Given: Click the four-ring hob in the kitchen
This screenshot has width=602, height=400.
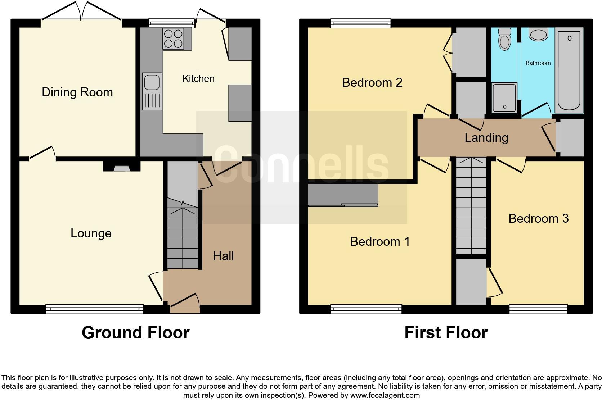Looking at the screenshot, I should (x=172, y=38).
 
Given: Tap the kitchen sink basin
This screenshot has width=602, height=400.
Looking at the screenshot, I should (x=152, y=82).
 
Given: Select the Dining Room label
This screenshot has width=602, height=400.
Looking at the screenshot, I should (x=77, y=92).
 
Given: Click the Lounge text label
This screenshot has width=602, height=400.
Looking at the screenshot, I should (x=91, y=233).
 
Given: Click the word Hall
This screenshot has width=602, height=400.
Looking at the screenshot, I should (x=223, y=256).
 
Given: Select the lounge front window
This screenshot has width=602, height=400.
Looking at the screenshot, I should (x=94, y=309).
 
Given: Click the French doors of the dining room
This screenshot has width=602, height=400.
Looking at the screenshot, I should (x=81, y=13).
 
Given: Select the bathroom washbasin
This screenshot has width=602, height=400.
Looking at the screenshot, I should (x=538, y=35).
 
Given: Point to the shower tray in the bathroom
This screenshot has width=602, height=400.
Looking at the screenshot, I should (x=504, y=97).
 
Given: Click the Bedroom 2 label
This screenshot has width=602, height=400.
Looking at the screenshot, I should (x=372, y=83).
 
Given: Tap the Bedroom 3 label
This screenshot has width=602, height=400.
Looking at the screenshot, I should (x=538, y=219).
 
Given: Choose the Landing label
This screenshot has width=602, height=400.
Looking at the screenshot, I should (x=486, y=138).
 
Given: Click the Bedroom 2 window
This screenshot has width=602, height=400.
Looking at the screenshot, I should (x=360, y=24).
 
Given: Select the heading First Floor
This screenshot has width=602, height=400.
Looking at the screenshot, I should (x=446, y=333).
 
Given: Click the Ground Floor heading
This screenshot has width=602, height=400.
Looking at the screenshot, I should (x=135, y=333).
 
